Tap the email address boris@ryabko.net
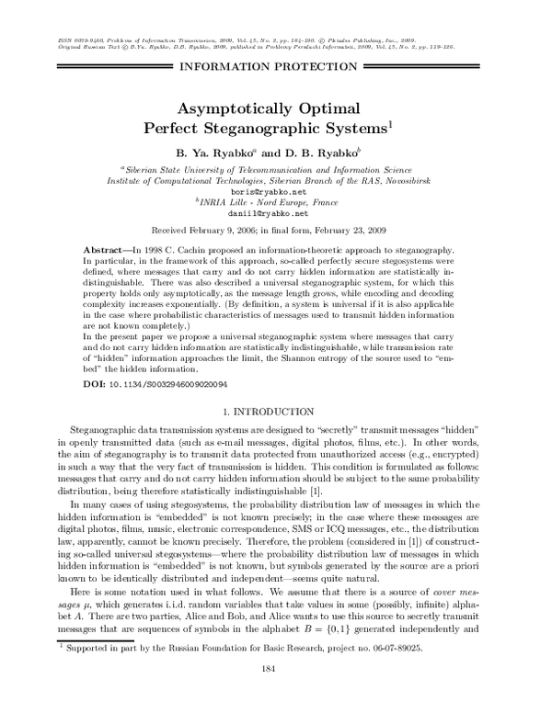pos(274,191)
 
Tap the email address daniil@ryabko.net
pos(274,212)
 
